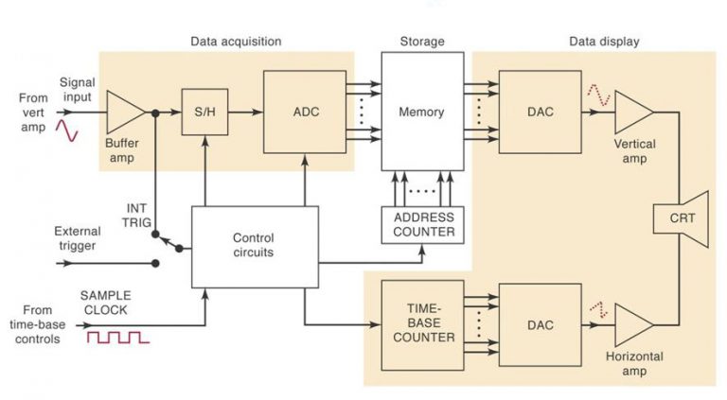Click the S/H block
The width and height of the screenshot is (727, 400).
tap(204, 112)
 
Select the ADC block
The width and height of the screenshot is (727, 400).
tap(305, 112)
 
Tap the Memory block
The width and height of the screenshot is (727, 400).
tap(422, 112)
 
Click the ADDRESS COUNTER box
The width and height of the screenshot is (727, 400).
tap(423, 224)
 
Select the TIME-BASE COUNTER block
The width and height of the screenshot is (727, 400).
tap(422, 324)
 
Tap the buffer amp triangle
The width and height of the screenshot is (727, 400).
tap(123, 112)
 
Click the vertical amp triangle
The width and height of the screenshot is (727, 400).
tap(631, 112)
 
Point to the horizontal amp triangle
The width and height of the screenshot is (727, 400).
tap(631, 324)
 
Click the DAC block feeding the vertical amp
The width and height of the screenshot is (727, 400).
tap(539, 112)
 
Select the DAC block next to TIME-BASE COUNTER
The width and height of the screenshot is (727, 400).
tap(539, 324)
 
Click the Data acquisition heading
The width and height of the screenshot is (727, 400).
tap(236, 42)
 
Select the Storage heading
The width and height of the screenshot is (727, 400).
tap(422, 42)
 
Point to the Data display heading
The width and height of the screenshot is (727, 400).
tap(603, 42)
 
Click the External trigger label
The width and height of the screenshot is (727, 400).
tap(77, 237)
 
